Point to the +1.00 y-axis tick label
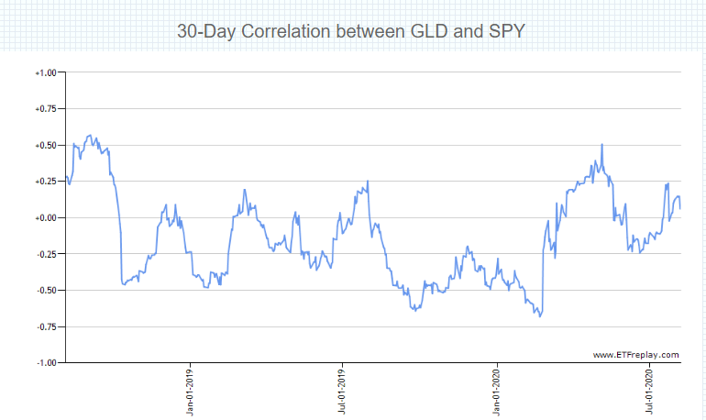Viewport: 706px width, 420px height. tap(45, 72)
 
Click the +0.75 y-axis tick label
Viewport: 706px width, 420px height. tap(45, 108)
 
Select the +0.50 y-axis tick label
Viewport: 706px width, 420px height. tap(45, 145)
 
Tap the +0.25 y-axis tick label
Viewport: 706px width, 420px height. tap(45, 182)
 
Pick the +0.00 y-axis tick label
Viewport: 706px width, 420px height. tap(45, 217)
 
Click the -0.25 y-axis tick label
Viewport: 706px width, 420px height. tap(45, 254)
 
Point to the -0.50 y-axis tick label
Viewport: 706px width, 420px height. tap(45, 291)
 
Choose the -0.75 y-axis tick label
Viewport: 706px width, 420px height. tap(45, 326)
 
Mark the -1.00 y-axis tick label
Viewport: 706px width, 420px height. tap(45, 363)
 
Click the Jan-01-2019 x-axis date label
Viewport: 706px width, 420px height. tap(190, 392)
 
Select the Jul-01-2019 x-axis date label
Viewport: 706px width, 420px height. tap(342, 392)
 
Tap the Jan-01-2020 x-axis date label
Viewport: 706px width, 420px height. tap(496, 392)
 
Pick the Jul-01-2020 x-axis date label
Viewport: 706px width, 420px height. tap(649, 392)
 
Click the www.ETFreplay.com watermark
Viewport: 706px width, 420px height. tap(635, 354)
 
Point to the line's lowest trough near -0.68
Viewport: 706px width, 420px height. tap(540, 316)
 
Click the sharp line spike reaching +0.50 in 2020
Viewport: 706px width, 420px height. tap(601, 145)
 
